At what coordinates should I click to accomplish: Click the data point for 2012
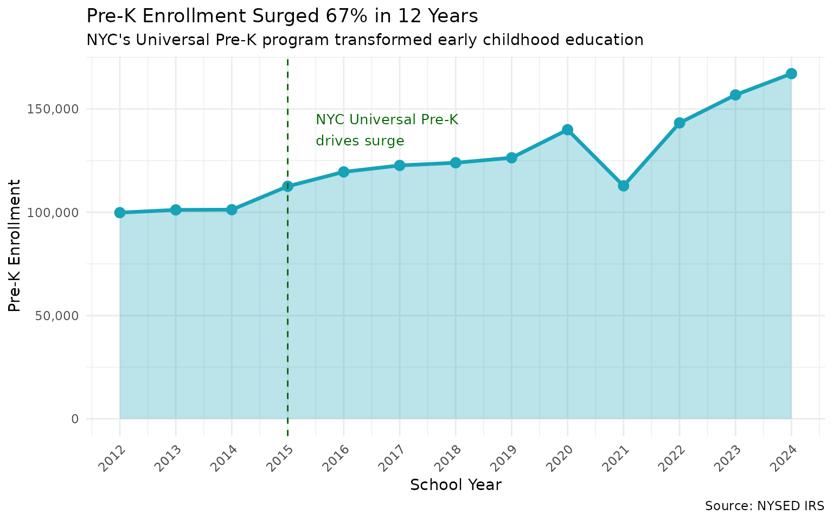pyautogui.click(x=120, y=212)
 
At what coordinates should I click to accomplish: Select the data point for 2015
pyautogui.click(x=287, y=186)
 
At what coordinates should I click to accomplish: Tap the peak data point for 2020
pyautogui.click(x=567, y=130)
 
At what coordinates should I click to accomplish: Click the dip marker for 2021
pyautogui.click(x=623, y=186)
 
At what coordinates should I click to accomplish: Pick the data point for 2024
pyautogui.click(x=791, y=74)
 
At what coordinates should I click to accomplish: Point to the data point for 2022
pyautogui.click(x=679, y=123)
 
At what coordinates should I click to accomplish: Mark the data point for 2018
pyautogui.click(x=456, y=163)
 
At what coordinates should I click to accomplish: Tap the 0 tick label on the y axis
pyautogui.click(x=75, y=419)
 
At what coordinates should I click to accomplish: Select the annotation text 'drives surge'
pyautogui.click(x=360, y=141)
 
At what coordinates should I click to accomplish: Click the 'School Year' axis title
pyautogui.click(x=456, y=485)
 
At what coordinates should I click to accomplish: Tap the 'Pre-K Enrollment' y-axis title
pyautogui.click(x=15, y=245)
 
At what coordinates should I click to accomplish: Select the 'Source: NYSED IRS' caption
pyautogui.click(x=765, y=506)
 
